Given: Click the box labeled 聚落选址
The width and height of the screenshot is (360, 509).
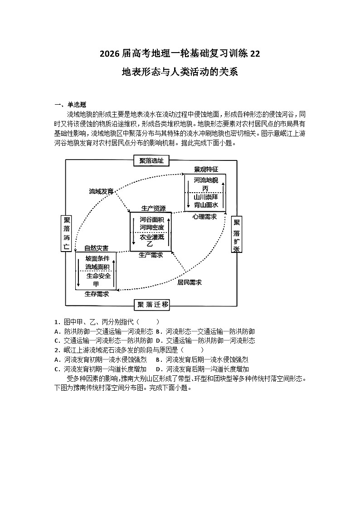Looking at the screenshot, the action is (x=151, y=161).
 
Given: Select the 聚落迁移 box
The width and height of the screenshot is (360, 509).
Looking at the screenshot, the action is (x=151, y=305).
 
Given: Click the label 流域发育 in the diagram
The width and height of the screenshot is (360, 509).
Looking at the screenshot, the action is (x=101, y=192).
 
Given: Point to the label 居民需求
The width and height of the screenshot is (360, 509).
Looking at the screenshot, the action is (x=190, y=282).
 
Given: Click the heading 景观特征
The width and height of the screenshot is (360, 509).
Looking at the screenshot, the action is (x=206, y=169).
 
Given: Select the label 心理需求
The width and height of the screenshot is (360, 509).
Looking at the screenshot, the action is (x=204, y=217).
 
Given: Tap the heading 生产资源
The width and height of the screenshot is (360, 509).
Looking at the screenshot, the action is (x=154, y=208).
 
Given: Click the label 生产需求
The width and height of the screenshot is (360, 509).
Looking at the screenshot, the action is (x=151, y=255).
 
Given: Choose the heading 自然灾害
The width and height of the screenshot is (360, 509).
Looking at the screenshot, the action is (x=97, y=248).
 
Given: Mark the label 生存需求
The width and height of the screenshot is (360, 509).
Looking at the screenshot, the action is (x=97, y=294).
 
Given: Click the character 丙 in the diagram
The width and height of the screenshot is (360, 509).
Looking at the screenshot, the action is (x=205, y=189).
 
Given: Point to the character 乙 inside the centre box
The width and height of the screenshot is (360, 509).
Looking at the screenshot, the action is (x=150, y=244).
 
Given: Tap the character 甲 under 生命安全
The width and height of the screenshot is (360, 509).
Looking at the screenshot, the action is (x=96, y=284).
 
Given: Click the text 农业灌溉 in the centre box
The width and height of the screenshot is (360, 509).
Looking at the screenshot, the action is (x=152, y=237).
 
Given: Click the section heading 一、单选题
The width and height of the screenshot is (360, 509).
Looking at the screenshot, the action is (x=70, y=105).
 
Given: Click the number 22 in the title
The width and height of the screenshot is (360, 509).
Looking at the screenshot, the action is (x=255, y=53).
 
